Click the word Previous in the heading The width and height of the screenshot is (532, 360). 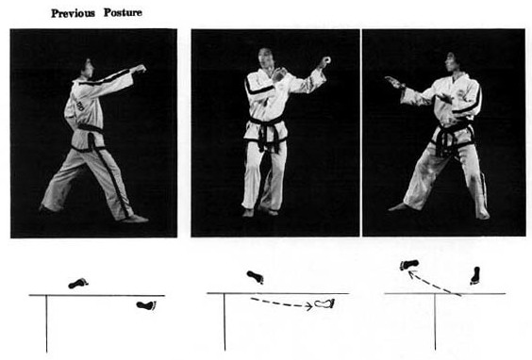[73, 13]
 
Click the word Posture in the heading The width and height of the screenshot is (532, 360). [123, 13]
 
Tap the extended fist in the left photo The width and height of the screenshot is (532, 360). [139, 69]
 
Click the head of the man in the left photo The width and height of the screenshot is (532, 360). [87, 69]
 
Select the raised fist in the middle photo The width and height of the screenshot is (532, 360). [324, 62]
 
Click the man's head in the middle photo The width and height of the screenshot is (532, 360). [266, 58]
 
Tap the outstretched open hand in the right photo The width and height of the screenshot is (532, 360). [394, 82]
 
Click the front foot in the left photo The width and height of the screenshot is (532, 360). [135, 219]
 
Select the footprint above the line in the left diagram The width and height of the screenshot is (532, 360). [78, 283]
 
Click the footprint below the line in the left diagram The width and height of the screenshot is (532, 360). [146, 305]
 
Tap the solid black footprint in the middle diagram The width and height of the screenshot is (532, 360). [256, 277]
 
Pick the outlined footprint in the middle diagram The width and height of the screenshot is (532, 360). [324, 303]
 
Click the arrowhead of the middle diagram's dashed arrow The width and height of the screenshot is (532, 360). [309, 306]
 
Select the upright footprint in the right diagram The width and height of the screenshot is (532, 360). [475, 275]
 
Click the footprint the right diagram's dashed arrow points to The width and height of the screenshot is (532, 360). [409, 265]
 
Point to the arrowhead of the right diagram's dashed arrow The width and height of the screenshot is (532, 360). [411, 273]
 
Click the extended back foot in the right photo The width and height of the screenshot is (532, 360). [397, 206]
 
